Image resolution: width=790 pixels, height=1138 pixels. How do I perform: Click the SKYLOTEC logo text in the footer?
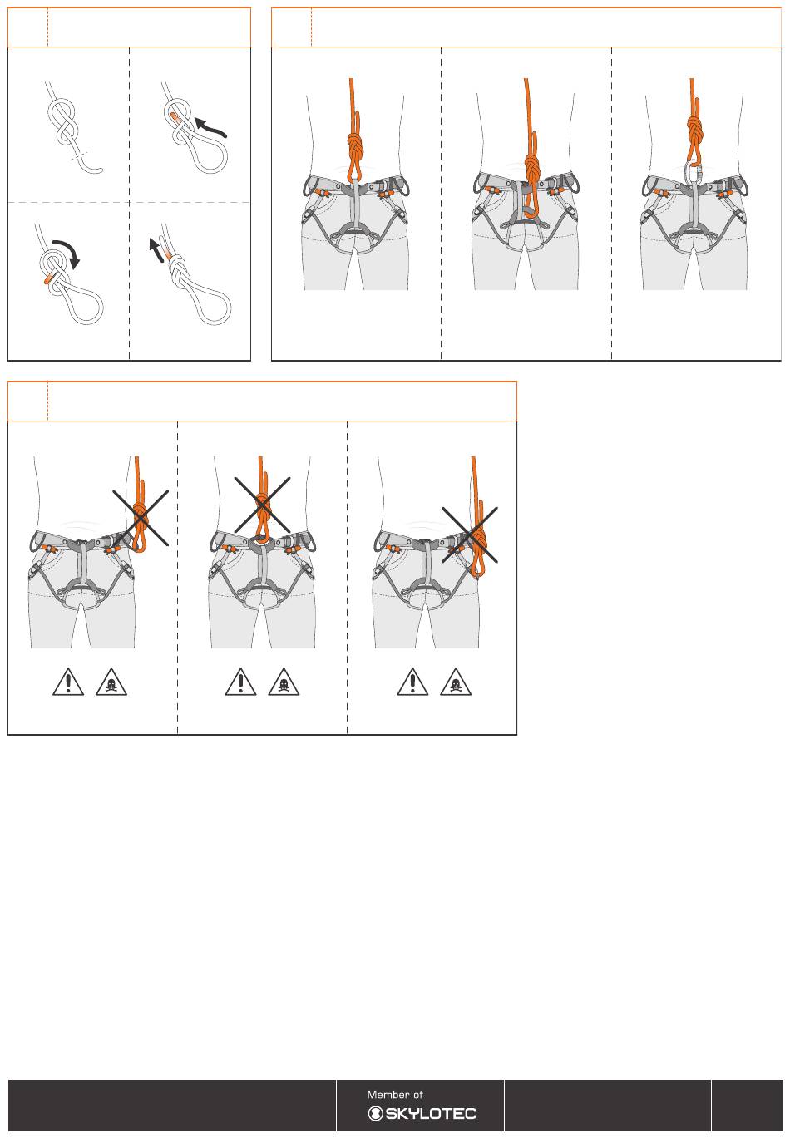(x=422, y=1114)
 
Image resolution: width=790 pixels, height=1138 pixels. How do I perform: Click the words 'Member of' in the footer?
(x=395, y=1095)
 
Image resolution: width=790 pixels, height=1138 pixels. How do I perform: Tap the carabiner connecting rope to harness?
(x=693, y=172)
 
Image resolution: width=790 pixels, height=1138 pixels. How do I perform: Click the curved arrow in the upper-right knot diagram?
(x=210, y=127)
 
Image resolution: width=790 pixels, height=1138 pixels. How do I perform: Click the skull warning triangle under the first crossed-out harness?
(x=111, y=682)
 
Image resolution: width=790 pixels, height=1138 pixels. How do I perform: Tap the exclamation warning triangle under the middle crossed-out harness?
(x=240, y=682)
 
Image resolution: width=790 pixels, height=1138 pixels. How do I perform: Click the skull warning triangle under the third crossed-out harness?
(x=456, y=682)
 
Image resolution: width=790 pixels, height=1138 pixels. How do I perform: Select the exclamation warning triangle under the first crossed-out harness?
(x=68, y=682)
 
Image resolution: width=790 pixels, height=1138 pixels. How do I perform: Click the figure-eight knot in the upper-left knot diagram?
(x=62, y=121)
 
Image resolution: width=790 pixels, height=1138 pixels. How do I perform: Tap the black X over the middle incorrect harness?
(x=262, y=505)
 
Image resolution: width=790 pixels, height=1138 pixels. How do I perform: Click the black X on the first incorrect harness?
(x=141, y=518)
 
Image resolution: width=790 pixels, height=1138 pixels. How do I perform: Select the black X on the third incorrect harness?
(x=470, y=535)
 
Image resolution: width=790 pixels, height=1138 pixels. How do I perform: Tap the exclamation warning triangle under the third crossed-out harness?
(x=412, y=682)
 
